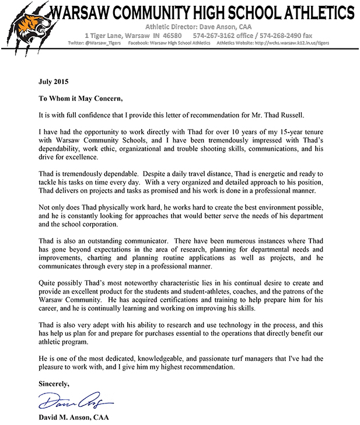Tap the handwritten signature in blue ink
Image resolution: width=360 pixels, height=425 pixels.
tap(76, 401)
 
